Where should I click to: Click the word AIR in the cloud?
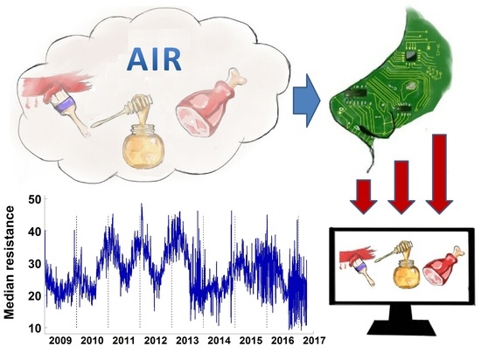[154, 59]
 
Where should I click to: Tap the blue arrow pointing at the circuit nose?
[306, 100]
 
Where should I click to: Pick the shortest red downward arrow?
[364, 197]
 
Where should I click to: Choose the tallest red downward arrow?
[439, 174]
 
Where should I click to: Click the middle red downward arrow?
[401, 187]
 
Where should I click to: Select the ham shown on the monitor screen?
[442, 266]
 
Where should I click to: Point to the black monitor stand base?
[401, 328]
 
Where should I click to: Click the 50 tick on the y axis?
[35, 199]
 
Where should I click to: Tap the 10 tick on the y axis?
[35, 329]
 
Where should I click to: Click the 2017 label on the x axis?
[314, 341]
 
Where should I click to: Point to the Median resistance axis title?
[10, 262]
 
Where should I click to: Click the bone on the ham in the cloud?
[236, 77]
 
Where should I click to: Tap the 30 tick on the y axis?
[35, 264]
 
